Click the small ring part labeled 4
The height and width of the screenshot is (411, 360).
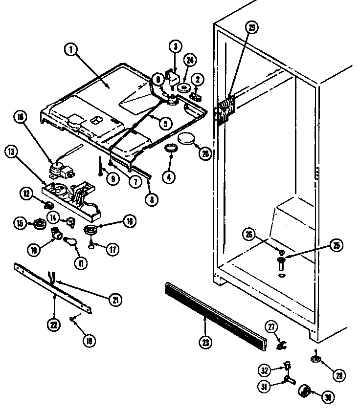click(171, 149)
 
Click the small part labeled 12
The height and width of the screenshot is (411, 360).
click(48, 203)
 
